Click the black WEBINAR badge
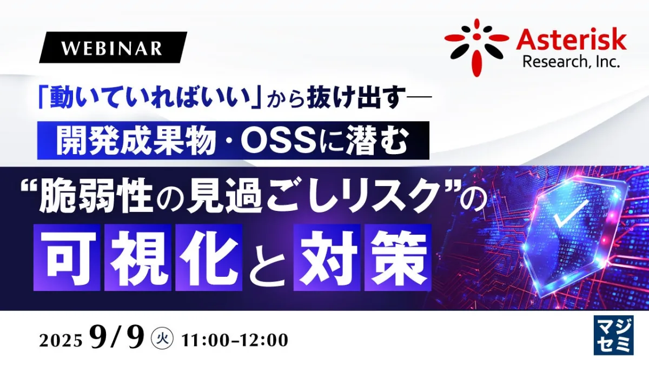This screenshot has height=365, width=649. [x=113, y=48]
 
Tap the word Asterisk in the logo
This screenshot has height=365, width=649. [x=571, y=41]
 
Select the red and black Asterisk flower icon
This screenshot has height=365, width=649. [x=476, y=48]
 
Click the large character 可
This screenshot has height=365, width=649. [x=67, y=257]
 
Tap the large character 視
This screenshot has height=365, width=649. [x=138, y=257]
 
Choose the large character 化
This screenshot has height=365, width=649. [x=209, y=257]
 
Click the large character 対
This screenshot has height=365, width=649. [x=327, y=257]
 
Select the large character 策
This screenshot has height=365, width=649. [x=398, y=257]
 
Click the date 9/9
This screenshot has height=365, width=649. [x=117, y=337]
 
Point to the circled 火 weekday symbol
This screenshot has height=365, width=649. [x=163, y=339]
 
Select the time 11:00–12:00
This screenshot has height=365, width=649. [x=235, y=340]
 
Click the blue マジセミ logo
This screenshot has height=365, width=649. [x=613, y=335]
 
